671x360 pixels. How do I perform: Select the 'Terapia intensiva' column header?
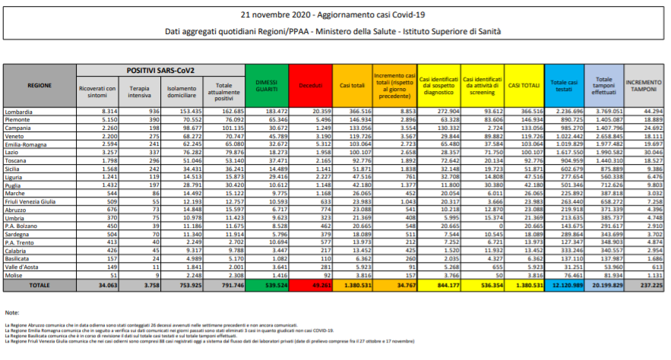click(x=138, y=92)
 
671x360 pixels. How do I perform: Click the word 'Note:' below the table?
click(x=11, y=313)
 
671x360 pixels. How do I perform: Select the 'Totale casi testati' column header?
click(x=564, y=85)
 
